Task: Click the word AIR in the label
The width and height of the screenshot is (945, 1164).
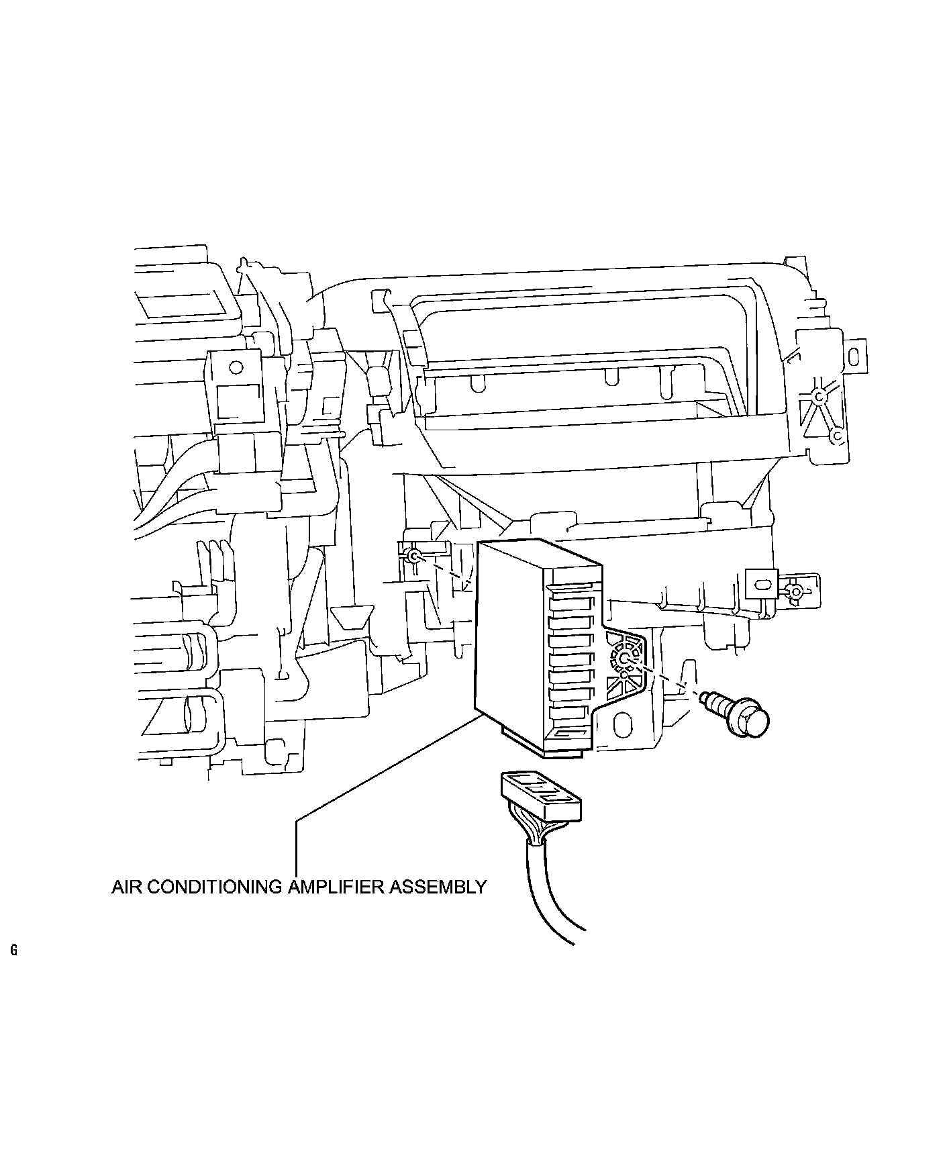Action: pos(127,887)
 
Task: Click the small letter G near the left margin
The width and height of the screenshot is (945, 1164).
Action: pos(13,950)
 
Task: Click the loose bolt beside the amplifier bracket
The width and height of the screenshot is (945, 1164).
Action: pos(734,712)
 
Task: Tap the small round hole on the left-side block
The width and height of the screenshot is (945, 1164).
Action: pos(236,367)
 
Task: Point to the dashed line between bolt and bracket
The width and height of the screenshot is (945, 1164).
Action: pos(664,678)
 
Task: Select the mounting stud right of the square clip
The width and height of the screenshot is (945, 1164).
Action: pos(795,592)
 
